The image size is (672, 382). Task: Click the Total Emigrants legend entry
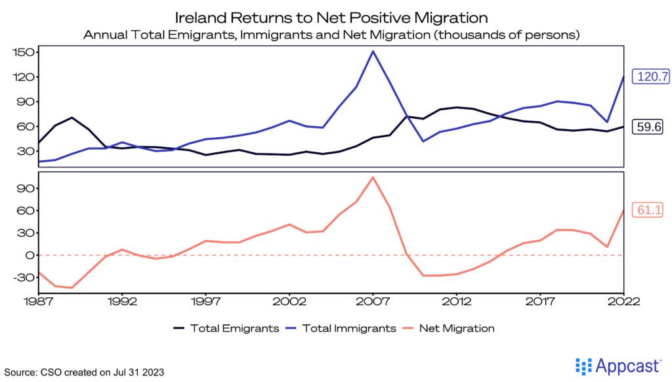[226, 328]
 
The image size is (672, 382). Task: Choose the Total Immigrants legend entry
[342, 328]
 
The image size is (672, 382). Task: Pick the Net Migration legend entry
[453, 328]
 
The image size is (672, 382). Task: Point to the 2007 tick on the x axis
[373, 301]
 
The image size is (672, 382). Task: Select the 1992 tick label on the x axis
[123, 301]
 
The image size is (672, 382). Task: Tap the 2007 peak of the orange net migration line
[373, 177]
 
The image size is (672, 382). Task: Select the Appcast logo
[620, 366]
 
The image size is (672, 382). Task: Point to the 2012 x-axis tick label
[456, 301]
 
